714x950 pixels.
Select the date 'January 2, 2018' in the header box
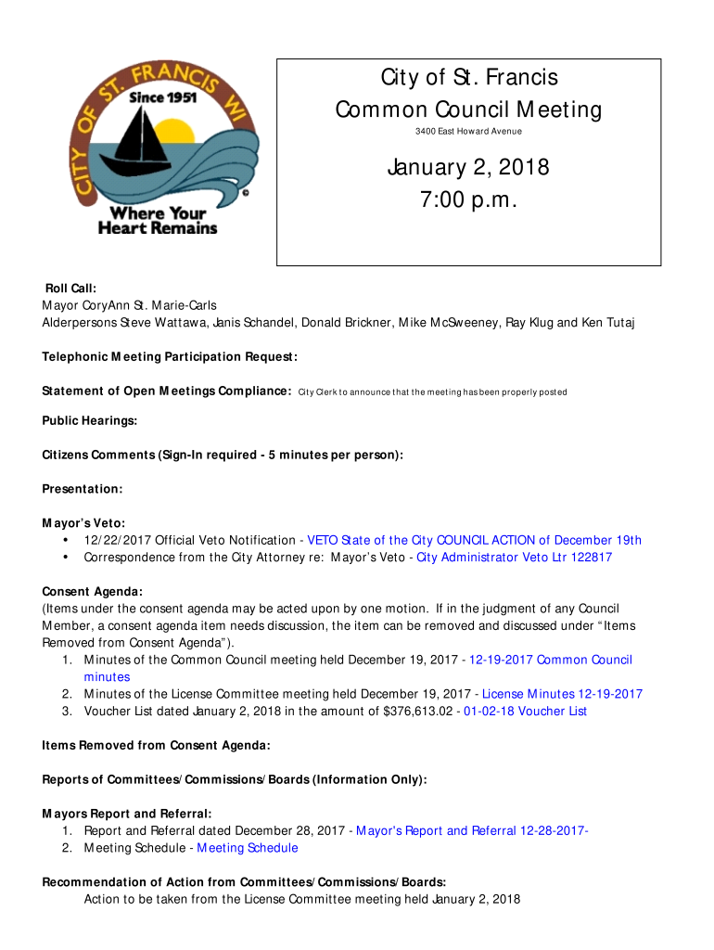468,168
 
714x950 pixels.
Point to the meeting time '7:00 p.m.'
468,201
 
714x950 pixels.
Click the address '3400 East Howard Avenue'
468,132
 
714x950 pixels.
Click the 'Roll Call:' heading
70,289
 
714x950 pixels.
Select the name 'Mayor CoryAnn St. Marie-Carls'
129,305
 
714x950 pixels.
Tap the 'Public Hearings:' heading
90,421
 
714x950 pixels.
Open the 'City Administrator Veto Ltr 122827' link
514,558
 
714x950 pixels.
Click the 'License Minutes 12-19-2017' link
562,694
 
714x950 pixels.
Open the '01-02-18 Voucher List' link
526,712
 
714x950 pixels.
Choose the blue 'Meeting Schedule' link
248,848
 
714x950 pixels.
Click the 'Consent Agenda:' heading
93,592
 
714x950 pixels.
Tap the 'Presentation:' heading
83,489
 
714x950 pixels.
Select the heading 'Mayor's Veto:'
83,523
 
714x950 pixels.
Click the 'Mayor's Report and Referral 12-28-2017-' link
472,831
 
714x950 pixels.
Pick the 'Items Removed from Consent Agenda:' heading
157,746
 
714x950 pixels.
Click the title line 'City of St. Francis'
468,78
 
